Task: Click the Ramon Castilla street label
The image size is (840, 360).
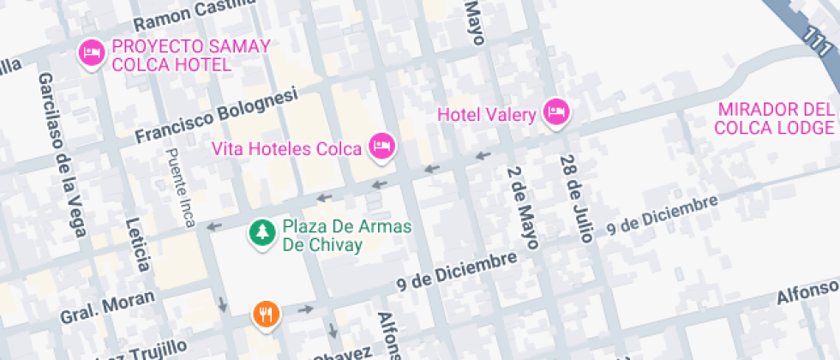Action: pyautogui.click(x=195, y=12)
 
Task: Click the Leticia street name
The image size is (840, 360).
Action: pyautogui.click(x=138, y=231)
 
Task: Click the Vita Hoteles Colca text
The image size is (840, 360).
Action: pyautogui.click(x=287, y=148)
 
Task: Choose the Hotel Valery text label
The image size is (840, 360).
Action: pyautogui.click(x=487, y=113)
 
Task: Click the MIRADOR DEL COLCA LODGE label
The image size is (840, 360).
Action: pyautogui.click(x=776, y=119)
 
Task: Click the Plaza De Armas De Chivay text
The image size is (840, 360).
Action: pyautogui.click(x=334, y=237)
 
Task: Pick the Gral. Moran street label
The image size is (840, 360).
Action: pyautogui.click(x=108, y=307)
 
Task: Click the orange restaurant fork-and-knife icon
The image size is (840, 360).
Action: pyautogui.click(x=267, y=314)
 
